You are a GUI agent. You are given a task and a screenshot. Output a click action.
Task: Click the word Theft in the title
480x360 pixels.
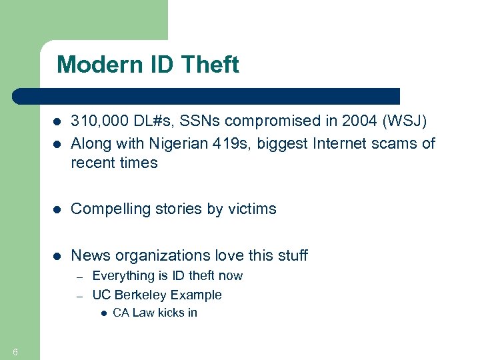tap(210, 65)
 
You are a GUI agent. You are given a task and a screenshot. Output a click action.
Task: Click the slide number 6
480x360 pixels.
tap(15, 352)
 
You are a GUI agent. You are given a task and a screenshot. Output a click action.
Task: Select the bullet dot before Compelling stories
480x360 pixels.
tap(57, 209)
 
